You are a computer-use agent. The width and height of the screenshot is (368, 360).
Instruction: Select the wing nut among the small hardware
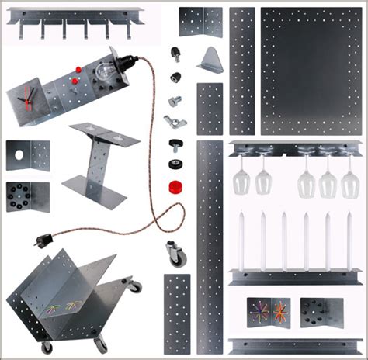click(x=172, y=121)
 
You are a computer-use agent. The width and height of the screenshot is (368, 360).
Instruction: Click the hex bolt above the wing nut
click(x=175, y=101)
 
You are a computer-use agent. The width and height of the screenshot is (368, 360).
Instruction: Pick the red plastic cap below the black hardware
click(x=176, y=186)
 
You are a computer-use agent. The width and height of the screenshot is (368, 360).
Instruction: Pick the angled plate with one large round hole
click(x=26, y=155)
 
